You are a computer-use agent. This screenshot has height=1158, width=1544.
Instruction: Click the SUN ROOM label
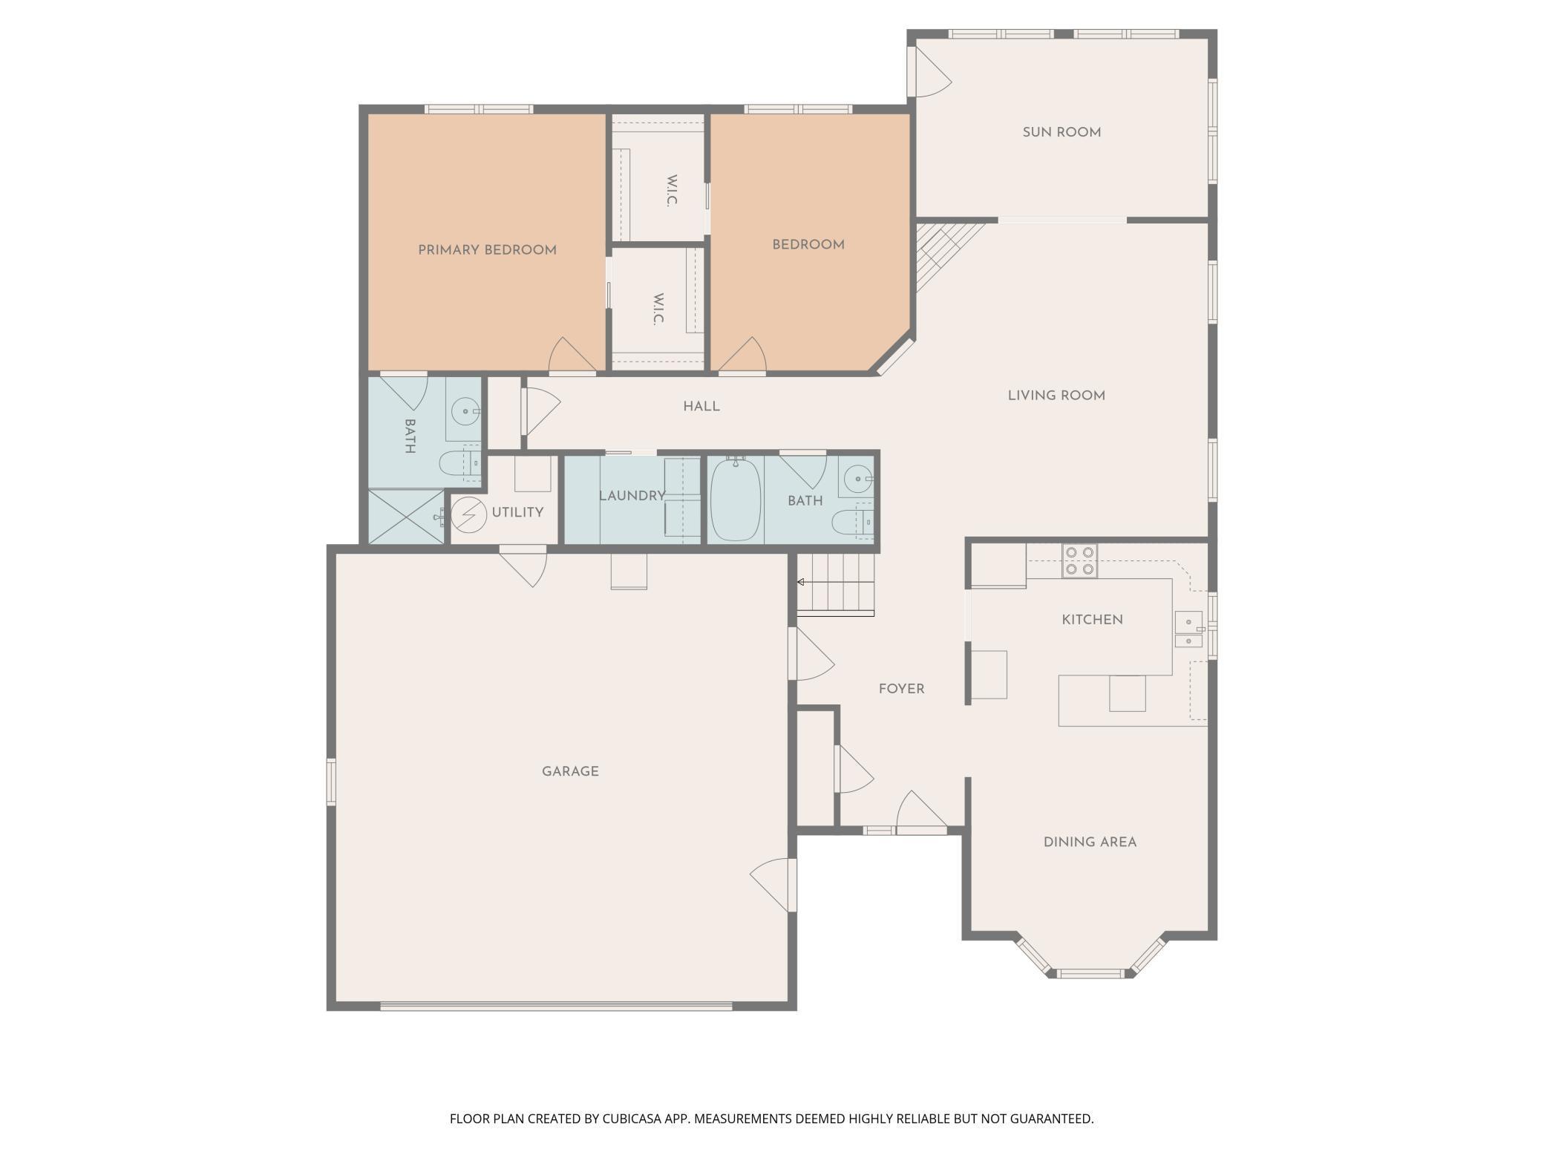pos(1061,132)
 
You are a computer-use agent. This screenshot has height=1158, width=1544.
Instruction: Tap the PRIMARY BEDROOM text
pos(487,250)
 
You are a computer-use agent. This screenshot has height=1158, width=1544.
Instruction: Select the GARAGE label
pos(570,771)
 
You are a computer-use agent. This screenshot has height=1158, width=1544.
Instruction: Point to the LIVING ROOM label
pos(1056,396)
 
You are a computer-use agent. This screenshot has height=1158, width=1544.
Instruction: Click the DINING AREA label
pos(1090,842)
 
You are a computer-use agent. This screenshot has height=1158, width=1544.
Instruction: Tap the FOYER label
pos(901,689)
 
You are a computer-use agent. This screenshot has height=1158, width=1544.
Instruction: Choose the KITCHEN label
pos(1092,620)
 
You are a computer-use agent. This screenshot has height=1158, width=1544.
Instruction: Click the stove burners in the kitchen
pos(1079,561)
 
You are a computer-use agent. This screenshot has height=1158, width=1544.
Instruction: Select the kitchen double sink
pos(1188,630)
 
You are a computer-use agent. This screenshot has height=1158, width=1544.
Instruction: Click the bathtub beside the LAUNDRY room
pos(735,500)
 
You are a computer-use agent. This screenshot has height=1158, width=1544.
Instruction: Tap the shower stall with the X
pos(406,516)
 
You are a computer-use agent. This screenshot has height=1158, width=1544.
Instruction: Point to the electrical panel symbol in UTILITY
pos(469,514)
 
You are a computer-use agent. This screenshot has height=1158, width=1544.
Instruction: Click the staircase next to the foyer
pos(836,584)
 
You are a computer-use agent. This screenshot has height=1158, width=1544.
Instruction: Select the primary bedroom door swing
pos(572,355)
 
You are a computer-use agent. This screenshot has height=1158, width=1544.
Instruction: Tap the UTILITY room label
pos(517,512)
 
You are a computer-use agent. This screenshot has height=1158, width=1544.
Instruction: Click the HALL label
pos(701,407)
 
